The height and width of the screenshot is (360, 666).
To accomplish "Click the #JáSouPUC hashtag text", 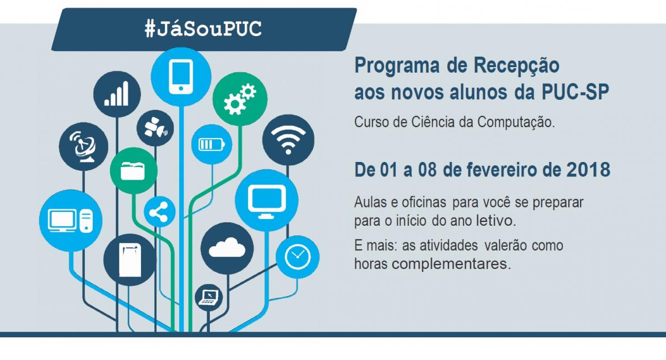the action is click(203, 29).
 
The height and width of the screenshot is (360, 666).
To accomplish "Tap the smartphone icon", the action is click(181, 77).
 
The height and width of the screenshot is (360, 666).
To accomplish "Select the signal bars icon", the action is click(117, 94).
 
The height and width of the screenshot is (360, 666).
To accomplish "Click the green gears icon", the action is click(240, 99).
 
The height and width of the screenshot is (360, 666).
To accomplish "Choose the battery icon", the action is click(211, 144).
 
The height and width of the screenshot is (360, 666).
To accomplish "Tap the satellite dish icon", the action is click(83, 146).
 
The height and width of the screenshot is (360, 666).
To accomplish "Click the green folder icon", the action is click(133, 171).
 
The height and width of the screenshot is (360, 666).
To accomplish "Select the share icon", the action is click(159, 212).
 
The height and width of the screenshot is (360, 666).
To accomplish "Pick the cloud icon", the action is click(227, 247).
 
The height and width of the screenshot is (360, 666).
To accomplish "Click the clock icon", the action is click(297, 257).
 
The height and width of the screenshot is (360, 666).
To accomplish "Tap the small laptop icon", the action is click(209, 297).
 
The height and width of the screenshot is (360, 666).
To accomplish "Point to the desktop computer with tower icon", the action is click(70, 221).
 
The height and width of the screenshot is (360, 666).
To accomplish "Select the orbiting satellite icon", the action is click(155, 128).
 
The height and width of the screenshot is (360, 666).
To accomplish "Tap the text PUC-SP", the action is click(576, 92).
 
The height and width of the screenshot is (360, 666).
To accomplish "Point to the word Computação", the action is click(516, 123).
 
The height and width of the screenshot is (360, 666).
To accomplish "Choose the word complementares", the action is click(451, 263).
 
